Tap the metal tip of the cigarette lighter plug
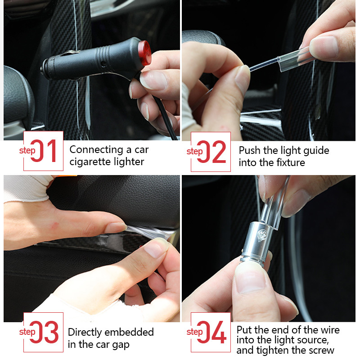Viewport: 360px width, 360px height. pos(44,70)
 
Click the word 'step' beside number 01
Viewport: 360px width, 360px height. pos(27,150)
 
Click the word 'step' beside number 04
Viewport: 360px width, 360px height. pos(194,332)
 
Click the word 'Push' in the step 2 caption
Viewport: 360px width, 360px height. pos(249,150)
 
